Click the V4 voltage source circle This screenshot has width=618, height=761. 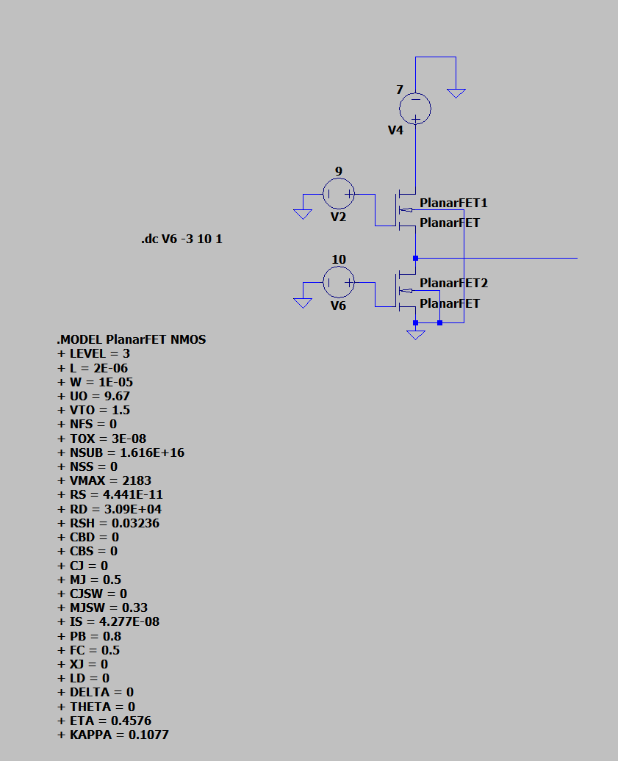point(415,109)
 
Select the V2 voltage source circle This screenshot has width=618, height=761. point(339,194)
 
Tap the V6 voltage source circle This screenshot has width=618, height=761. point(339,282)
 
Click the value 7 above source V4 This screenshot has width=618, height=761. point(400,90)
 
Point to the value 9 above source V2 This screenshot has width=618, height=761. point(339,172)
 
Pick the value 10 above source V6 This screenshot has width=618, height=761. point(339,260)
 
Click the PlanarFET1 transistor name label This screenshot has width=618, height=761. point(453,203)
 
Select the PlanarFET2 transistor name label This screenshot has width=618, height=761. point(453,284)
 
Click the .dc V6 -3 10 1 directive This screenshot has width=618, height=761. point(182,240)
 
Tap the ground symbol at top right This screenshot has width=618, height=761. point(456,93)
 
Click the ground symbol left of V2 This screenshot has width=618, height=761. point(302,213)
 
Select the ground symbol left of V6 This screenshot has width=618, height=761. point(302,302)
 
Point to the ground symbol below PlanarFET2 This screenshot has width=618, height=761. point(416,335)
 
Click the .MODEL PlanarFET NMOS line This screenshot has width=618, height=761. point(132,340)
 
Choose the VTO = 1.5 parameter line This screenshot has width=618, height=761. point(93,410)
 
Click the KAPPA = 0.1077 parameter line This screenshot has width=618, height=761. point(112,734)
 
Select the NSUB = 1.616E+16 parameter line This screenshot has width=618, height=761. point(121,452)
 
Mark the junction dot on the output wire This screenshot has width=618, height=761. point(416,259)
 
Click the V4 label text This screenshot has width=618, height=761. point(396,130)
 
